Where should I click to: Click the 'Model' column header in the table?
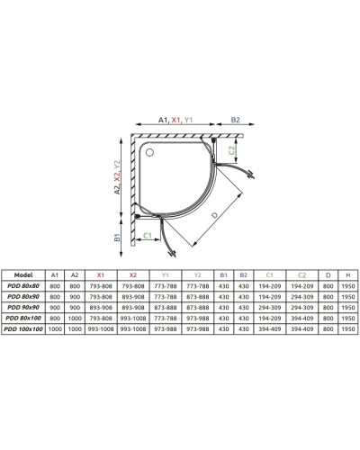(25, 276)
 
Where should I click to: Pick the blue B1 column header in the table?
(224, 276)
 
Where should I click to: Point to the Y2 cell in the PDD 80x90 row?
(196, 298)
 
